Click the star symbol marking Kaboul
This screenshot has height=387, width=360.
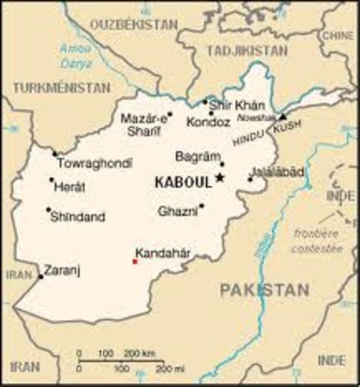point(219,178)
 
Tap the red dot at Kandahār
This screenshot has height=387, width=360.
point(134,261)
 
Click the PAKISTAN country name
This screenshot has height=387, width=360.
point(265,289)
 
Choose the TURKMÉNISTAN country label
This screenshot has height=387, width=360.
point(61,85)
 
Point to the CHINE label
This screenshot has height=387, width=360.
point(337,36)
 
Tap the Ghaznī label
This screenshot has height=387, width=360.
point(176,211)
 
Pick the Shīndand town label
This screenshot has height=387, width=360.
point(77,217)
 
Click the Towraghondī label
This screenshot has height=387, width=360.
point(95,163)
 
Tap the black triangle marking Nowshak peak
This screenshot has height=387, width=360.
point(283,116)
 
